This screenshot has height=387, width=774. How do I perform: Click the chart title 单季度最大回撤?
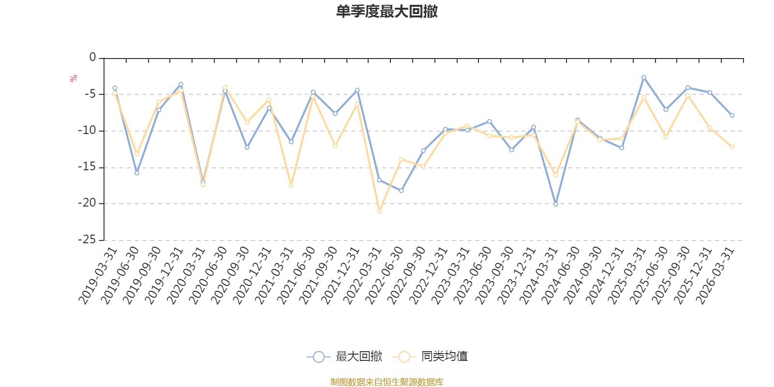click(x=387, y=12)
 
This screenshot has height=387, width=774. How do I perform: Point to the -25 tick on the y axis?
click(x=87, y=239)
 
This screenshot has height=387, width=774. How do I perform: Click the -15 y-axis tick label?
click(x=87, y=167)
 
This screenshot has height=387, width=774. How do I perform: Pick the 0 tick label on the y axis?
click(x=92, y=58)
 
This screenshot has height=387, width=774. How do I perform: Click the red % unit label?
click(x=74, y=78)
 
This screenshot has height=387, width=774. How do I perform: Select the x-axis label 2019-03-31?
click(x=99, y=275)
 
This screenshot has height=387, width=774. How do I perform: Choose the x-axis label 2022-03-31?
click(x=363, y=275)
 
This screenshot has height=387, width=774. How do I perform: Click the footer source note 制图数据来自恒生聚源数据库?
click(x=387, y=382)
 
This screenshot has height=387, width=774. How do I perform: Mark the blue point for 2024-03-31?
click(x=555, y=204)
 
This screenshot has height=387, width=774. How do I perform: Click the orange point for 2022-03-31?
click(x=379, y=211)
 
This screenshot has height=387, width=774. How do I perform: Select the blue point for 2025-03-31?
click(x=644, y=77)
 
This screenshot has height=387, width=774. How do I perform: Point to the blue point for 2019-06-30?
click(x=137, y=173)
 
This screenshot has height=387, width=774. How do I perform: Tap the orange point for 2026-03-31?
click(x=732, y=147)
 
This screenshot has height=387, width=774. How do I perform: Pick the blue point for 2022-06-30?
click(x=402, y=191)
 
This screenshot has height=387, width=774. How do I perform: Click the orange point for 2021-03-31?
click(x=291, y=185)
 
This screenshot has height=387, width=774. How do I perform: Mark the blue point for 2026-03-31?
click(x=732, y=116)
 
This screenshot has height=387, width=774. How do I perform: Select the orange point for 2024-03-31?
click(x=555, y=175)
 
